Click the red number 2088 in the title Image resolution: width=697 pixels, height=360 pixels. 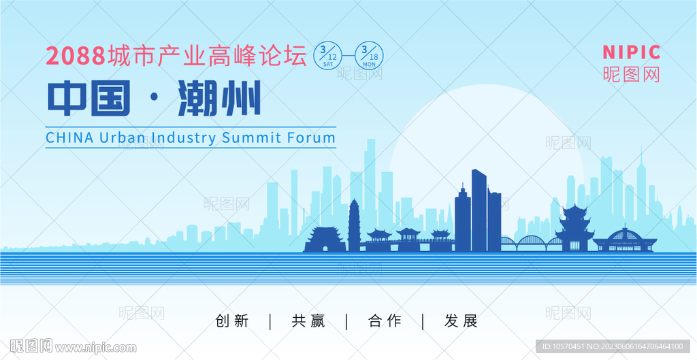76,56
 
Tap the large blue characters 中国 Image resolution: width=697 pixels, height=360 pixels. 89,98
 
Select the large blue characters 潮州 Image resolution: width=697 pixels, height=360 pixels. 219,98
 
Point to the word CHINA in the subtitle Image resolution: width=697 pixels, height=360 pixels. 70,137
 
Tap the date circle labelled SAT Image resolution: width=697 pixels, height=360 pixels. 328,56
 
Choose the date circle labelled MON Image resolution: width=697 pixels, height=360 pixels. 369,56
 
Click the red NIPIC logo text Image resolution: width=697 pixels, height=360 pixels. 631,52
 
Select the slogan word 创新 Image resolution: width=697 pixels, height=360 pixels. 232,321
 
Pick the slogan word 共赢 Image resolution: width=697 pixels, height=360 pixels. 308,321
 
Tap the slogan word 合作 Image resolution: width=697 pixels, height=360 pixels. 385,321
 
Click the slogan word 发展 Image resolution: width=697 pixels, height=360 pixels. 461,321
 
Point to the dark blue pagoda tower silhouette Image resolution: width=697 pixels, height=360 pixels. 354,226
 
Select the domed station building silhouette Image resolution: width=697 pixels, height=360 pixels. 625,240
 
